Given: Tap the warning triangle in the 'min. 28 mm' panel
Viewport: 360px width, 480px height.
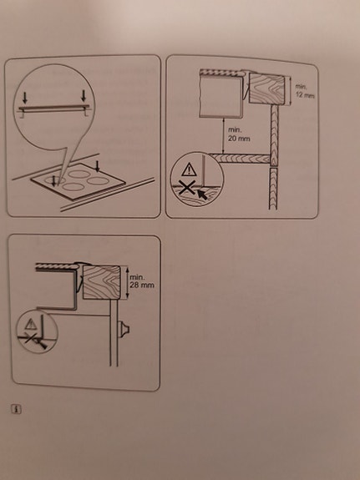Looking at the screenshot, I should pos(32,323).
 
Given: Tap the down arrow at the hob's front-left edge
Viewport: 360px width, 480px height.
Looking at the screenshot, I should pos(55,178).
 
